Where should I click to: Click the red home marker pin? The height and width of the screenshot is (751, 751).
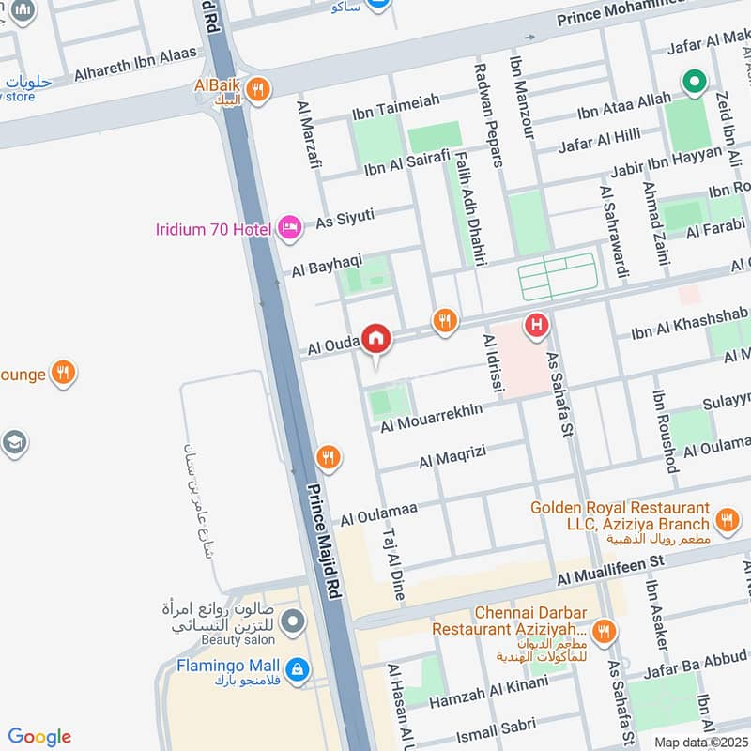pos(376,337)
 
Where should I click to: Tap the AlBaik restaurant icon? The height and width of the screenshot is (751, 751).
pos(258,89)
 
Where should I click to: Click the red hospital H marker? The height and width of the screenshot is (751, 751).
pos(536,325)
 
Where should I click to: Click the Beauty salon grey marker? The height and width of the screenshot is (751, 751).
pos(293,621)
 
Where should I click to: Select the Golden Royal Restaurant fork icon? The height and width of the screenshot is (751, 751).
pos(726,518)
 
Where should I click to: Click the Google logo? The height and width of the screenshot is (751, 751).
pos(39,737)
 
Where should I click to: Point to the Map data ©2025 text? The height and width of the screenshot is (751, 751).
pos(699,742)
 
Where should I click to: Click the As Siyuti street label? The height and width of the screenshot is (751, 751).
pos(345,218)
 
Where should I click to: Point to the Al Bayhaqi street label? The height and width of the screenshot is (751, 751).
pos(326,267)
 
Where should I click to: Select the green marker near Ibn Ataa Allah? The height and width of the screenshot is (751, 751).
pos(693,83)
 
